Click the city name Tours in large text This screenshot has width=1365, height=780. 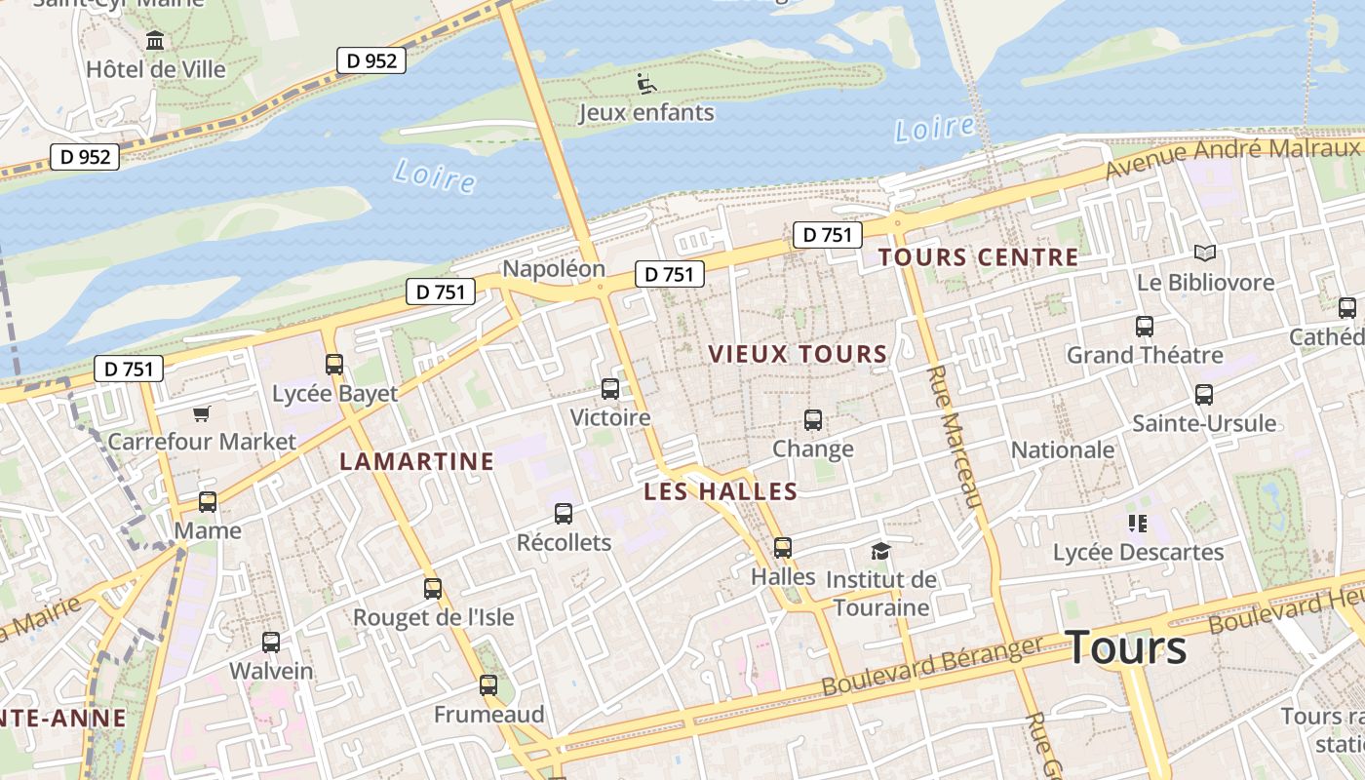tap(1126, 648)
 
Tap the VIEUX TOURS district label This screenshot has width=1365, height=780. tap(798, 354)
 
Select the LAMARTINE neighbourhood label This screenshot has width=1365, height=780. tap(416, 461)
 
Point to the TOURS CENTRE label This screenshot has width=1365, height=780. tap(978, 257)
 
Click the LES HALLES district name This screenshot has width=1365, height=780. tap(721, 491)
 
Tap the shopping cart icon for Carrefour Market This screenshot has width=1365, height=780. tap(201, 414)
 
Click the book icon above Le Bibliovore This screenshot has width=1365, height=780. tap(1205, 253)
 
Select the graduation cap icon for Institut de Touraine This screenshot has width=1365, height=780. tap(880, 551)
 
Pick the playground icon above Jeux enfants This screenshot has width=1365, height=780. tap(645, 84)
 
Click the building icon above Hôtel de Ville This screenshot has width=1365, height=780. tap(155, 41)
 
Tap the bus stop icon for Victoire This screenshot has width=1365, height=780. tap(610, 389)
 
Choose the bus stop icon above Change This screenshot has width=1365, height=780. tap(813, 420)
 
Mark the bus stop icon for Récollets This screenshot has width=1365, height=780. tap(564, 514)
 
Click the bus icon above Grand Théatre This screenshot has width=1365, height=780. tap(1145, 327)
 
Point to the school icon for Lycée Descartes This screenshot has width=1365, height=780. tap(1137, 524)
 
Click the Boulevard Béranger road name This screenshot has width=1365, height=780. tap(932, 667)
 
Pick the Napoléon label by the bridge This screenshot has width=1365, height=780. tap(554, 268)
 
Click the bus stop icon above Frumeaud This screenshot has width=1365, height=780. tap(488, 685)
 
